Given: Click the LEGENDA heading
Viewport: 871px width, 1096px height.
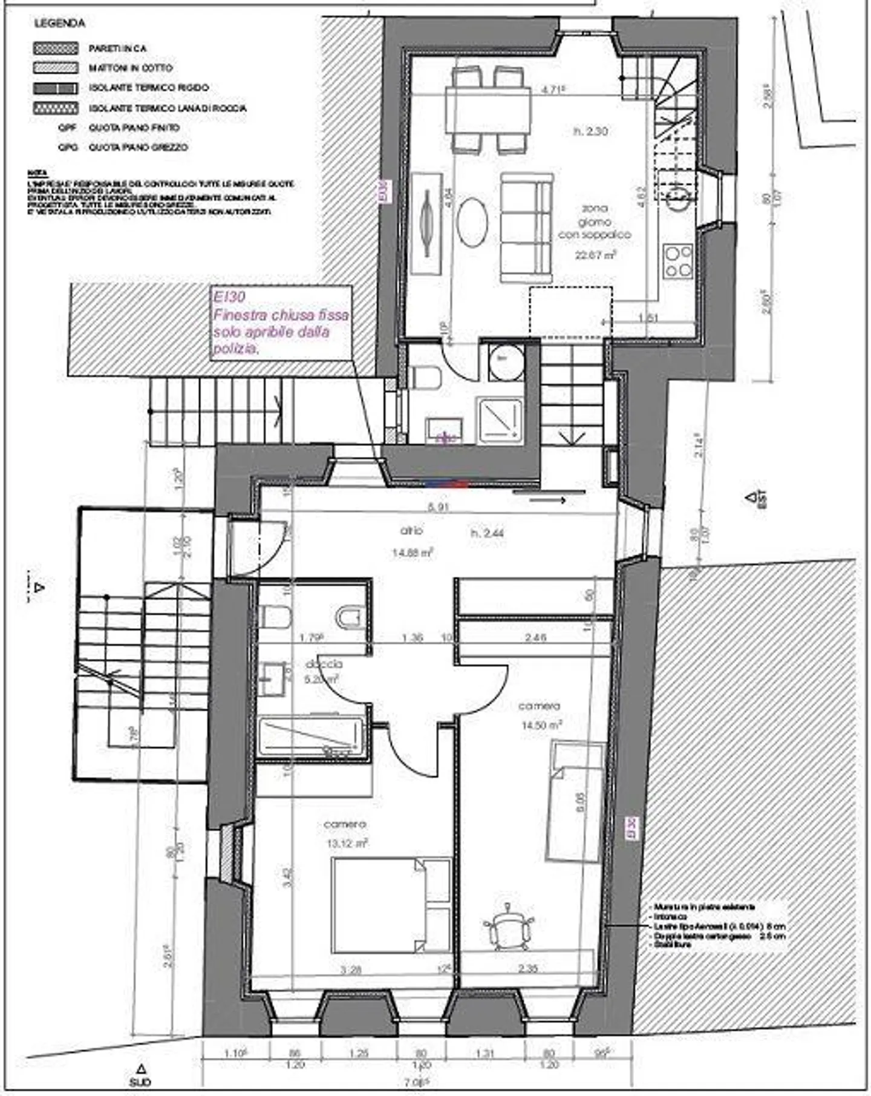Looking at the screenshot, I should click(x=59, y=24).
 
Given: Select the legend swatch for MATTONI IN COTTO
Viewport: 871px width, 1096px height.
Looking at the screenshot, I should click(x=56, y=68).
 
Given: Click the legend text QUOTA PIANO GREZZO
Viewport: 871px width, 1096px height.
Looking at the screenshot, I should click(x=138, y=147).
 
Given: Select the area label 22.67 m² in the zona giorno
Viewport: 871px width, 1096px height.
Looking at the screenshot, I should click(x=595, y=255).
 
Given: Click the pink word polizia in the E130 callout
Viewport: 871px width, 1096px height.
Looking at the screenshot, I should click(x=236, y=349).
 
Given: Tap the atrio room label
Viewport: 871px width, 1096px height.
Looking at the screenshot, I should click(x=411, y=530).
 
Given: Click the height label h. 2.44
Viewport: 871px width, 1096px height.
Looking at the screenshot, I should click(x=487, y=533).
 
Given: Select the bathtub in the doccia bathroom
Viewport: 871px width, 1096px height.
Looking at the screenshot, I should click(x=311, y=737).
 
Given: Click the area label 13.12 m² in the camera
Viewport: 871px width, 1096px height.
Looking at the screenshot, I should click(x=346, y=842).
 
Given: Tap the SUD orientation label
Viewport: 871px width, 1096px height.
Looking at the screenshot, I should click(x=140, y=1081).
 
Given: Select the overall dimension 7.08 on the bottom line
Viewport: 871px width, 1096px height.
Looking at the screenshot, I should click(x=417, y=1082).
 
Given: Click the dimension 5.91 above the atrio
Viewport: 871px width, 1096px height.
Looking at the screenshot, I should click(x=437, y=507).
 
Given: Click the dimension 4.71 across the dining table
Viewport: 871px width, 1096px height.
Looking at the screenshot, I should click(x=552, y=90).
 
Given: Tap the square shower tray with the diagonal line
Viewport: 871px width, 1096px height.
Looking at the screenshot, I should click(x=499, y=418).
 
